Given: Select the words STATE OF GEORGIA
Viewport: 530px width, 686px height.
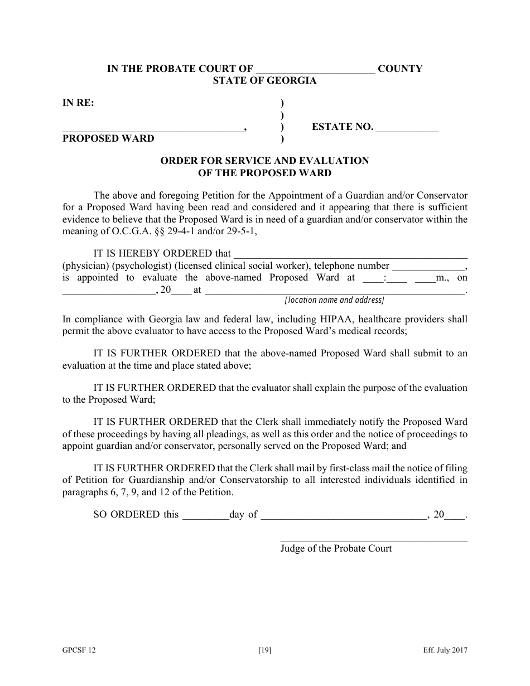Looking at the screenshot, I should (264, 81).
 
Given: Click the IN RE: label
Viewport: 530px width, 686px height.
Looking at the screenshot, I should (78, 103).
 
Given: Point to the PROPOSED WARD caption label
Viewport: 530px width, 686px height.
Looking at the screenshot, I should (108, 138).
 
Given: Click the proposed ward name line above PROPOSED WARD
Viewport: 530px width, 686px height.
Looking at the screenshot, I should (152, 129).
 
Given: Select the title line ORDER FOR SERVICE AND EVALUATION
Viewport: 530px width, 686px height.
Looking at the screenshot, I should (264, 161).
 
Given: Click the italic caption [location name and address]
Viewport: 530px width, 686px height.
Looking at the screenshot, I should (334, 300).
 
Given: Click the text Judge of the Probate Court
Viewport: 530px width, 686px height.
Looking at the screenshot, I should (336, 549).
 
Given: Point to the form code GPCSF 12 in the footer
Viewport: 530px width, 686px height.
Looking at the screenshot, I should (75, 650).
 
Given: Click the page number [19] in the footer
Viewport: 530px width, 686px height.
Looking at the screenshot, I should (265, 650).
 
